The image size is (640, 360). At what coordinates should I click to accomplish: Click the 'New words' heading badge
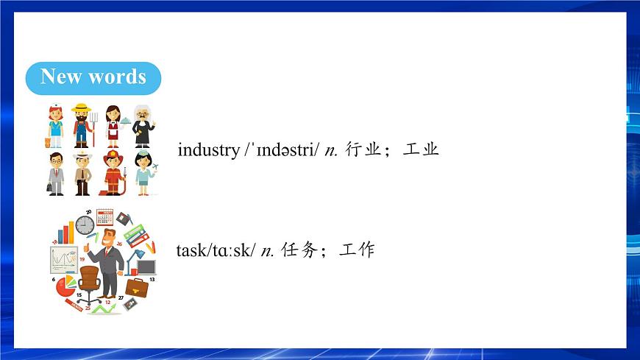[93, 77]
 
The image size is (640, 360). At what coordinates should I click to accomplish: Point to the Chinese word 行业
[362, 150]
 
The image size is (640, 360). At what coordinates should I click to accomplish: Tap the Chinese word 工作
[357, 250]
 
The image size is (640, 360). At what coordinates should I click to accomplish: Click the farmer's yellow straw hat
[80, 107]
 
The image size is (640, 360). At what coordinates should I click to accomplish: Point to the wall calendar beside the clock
[104, 217]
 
